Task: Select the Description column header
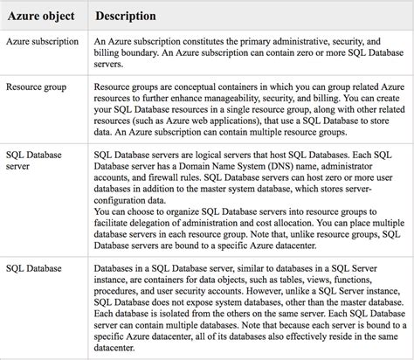pos(126,16)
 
